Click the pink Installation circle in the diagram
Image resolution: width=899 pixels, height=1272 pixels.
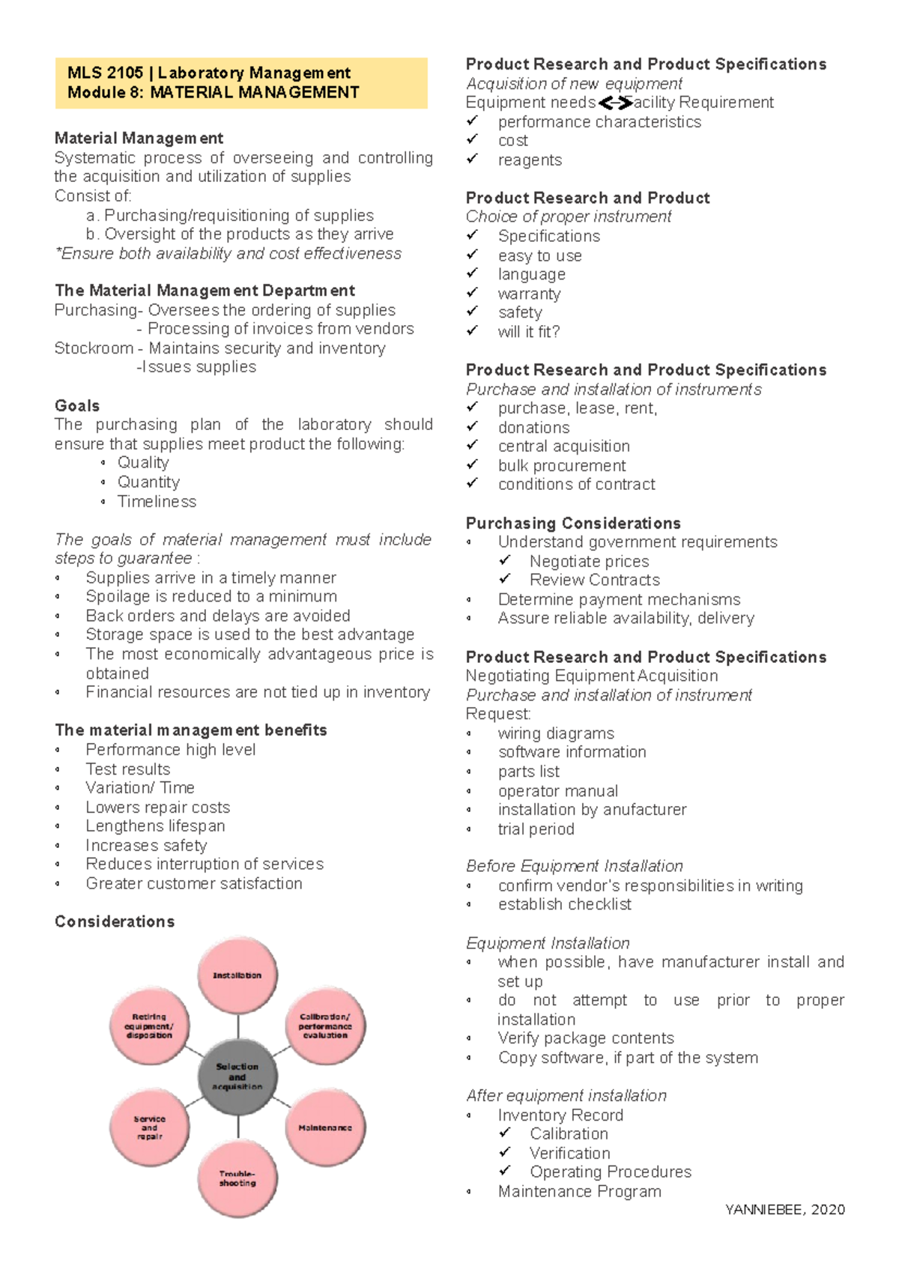(237, 975)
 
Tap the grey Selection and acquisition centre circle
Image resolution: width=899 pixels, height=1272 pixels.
(237, 1076)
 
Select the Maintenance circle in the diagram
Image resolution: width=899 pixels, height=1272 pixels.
(325, 1127)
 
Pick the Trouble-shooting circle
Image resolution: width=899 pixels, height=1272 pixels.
(237, 1178)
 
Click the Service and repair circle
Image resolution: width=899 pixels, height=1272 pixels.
(150, 1127)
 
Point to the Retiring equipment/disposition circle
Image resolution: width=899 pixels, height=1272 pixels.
(150, 1026)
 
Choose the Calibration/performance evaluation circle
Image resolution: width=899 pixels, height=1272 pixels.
(325, 1026)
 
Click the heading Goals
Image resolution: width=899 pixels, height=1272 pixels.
(77, 405)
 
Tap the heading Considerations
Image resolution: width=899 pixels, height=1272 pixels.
(115, 921)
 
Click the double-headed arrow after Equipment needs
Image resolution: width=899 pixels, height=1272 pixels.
(614, 103)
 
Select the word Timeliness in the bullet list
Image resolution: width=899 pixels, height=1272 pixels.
(157, 501)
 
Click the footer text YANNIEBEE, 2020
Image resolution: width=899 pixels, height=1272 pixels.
(784, 1209)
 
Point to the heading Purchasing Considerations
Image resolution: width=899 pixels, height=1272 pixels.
(573, 523)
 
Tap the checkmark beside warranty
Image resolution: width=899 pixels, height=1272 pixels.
(472, 293)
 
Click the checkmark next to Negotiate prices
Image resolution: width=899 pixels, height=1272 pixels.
(504, 560)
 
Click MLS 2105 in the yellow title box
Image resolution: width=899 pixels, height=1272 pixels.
(105, 73)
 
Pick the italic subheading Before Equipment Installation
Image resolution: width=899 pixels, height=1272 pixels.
(574, 866)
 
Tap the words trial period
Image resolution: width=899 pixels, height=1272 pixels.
(536, 829)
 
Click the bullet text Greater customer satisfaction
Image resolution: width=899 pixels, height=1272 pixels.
(193, 883)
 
